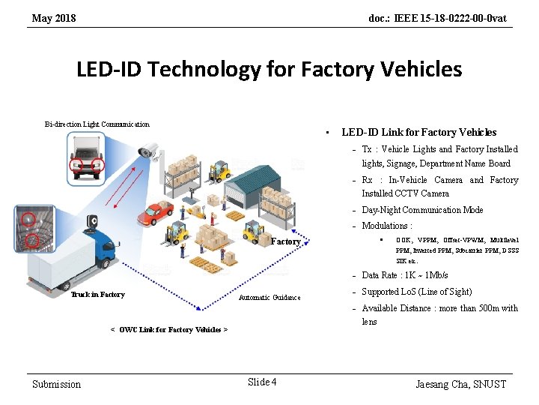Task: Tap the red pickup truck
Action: click(155, 213)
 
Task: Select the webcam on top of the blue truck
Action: click(94, 221)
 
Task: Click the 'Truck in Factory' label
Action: click(97, 295)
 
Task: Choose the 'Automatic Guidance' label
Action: click(269, 298)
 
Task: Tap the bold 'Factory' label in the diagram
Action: click(285, 241)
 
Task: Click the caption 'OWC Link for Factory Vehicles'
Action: click(168, 329)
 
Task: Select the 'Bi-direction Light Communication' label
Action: click(97, 124)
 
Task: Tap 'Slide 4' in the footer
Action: click(261, 382)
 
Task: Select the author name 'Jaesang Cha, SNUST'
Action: click(461, 384)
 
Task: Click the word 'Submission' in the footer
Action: click(56, 384)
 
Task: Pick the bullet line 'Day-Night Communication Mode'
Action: click(422, 210)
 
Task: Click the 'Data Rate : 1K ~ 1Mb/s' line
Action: click(405, 275)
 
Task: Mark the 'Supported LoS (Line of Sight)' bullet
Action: click(417, 292)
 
